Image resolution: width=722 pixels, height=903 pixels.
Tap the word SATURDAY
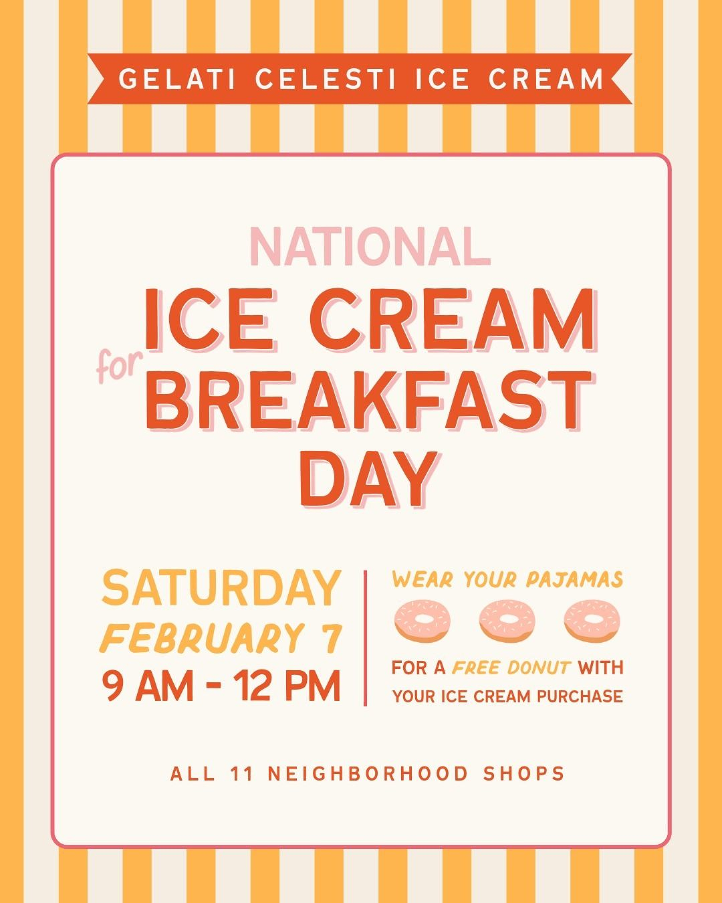pos(221,589)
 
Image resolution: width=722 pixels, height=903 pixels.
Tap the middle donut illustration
pos(507,619)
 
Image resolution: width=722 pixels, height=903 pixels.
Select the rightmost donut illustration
pos(592,619)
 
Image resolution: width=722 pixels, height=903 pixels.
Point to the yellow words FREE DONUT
pos(512,667)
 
